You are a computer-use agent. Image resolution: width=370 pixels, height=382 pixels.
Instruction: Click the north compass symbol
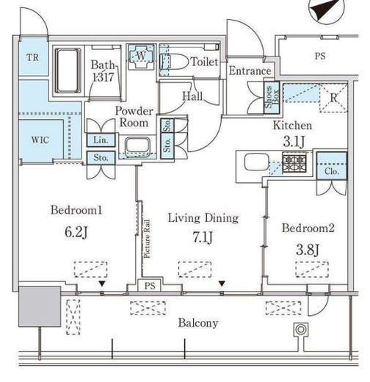click(327, 10)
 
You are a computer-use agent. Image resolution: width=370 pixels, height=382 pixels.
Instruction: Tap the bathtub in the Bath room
click(68, 71)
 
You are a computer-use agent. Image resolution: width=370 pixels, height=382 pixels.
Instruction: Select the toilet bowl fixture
click(174, 62)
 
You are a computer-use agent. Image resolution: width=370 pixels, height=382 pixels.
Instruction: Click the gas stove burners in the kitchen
click(294, 162)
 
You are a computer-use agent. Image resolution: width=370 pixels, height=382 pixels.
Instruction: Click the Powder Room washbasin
click(137, 146)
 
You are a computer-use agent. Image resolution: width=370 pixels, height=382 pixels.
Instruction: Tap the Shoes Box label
click(272, 98)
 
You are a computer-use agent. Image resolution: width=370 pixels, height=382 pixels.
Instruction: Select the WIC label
click(40, 140)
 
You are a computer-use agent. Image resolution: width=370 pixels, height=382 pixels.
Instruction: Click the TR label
click(32, 58)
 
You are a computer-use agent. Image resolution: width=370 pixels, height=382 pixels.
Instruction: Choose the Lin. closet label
click(101, 140)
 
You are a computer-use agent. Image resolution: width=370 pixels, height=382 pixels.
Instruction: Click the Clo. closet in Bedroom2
click(332, 166)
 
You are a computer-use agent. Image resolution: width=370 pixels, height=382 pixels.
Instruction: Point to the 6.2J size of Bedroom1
click(76, 232)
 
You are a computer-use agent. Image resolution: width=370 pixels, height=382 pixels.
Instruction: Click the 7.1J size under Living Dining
click(203, 237)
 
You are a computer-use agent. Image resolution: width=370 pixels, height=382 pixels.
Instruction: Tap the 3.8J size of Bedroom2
click(308, 250)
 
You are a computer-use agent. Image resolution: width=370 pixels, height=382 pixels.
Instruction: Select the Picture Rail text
click(147, 239)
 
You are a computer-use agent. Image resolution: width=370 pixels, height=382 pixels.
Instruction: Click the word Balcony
click(198, 323)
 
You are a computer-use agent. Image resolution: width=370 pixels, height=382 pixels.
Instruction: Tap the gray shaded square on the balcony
click(40, 306)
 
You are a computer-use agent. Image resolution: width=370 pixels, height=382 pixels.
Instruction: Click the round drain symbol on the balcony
click(301, 330)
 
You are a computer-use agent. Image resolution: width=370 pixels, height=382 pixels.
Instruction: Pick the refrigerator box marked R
click(333, 98)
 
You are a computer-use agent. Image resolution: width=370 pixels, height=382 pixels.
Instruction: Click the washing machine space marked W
click(141, 56)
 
